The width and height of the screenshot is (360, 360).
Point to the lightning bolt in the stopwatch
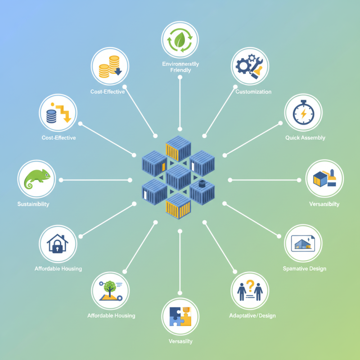[x=304, y=114]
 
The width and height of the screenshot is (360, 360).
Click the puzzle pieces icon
[x=180, y=316]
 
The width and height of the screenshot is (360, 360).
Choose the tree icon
[x=108, y=287]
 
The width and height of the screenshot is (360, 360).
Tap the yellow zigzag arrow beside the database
[x=64, y=112]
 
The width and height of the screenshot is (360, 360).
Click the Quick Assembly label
[x=305, y=138]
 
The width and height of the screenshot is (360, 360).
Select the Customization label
[x=253, y=92]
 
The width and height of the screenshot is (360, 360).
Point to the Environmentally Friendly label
[x=180, y=67]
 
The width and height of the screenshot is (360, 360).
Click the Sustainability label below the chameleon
[x=33, y=204]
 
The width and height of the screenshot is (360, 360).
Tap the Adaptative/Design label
[x=252, y=315]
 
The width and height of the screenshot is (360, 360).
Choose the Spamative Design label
[x=304, y=269]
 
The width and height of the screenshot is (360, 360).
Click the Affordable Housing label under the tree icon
[x=111, y=315]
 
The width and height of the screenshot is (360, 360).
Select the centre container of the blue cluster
[x=179, y=176]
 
